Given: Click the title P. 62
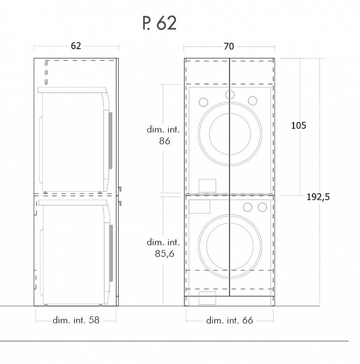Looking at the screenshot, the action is pyautogui.click(x=160, y=23).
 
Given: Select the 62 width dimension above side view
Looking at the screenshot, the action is pyautogui.click(x=76, y=46).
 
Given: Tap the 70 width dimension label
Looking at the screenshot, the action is pyautogui.click(x=229, y=46).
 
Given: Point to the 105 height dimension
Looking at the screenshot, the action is pyautogui.click(x=299, y=126).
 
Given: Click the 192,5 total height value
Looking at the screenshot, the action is pyautogui.click(x=318, y=197).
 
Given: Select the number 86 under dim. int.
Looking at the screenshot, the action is pyautogui.click(x=165, y=141).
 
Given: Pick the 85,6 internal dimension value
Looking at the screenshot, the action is pyautogui.click(x=165, y=254).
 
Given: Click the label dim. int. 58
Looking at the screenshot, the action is pyautogui.click(x=76, y=320).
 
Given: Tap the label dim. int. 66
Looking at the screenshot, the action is pyautogui.click(x=230, y=320).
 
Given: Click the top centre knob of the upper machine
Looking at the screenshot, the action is pyautogui.click(x=230, y=95).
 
